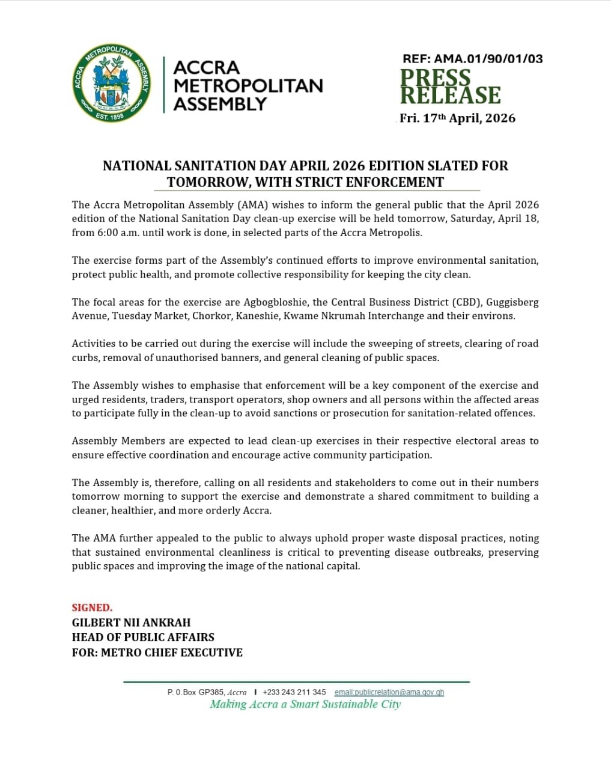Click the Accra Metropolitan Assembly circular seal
[x=111, y=84]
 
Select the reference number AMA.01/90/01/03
[x=488, y=59]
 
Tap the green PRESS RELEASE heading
[x=451, y=87]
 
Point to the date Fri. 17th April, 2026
[x=458, y=118]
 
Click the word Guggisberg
[x=512, y=302]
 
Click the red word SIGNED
[x=92, y=607]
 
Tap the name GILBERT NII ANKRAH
[x=131, y=622]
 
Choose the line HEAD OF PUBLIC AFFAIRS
[x=143, y=637]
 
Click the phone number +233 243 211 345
[x=294, y=692]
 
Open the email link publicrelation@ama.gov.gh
[x=389, y=692]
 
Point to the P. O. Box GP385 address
[x=207, y=692]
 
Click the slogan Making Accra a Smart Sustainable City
[x=305, y=704]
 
